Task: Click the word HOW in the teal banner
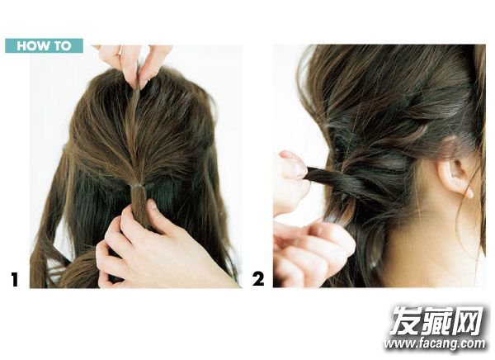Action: pyautogui.click(x=34, y=46)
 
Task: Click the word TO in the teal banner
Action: pyautogui.click(x=63, y=46)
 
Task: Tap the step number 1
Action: pyautogui.click(x=15, y=279)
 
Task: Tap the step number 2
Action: pyautogui.click(x=258, y=279)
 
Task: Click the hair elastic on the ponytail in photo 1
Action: pyautogui.click(x=138, y=186)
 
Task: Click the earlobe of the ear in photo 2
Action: pyautogui.click(x=468, y=192)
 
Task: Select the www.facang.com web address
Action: pyautogui.click(x=435, y=343)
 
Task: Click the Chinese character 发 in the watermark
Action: pyautogui.click(x=406, y=320)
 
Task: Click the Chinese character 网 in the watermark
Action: pyautogui.click(x=469, y=320)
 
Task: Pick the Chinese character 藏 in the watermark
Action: pyautogui.click(x=437, y=320)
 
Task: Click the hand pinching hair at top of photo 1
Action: pyautogui.click(x=134, y=64)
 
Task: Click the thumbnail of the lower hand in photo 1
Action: pyautogui.click(x=153, y=206)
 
